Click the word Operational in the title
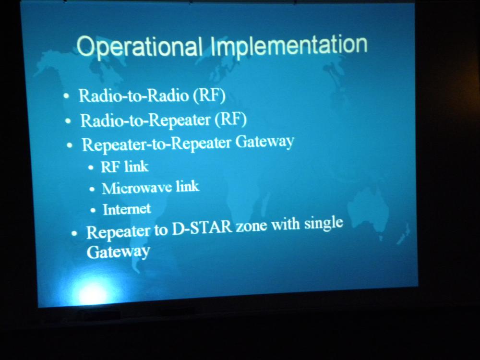(x=139, y=46)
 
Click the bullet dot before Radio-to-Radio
(x=66, y=96)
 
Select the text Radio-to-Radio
(x=134, y=96)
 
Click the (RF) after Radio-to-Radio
(x=209, y=96)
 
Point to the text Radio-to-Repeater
(x=145, y=120)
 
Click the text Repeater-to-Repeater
(x=156, y=144)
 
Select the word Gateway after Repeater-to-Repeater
(x=264, y=142)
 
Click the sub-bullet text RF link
(x=125, y=167)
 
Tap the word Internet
(x=127, y=209)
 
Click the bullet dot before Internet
(x=93, y=210)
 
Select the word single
(x=323, y=223)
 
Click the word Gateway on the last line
(x=118, y=252)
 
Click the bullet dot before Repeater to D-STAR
(x=74, y=234)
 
